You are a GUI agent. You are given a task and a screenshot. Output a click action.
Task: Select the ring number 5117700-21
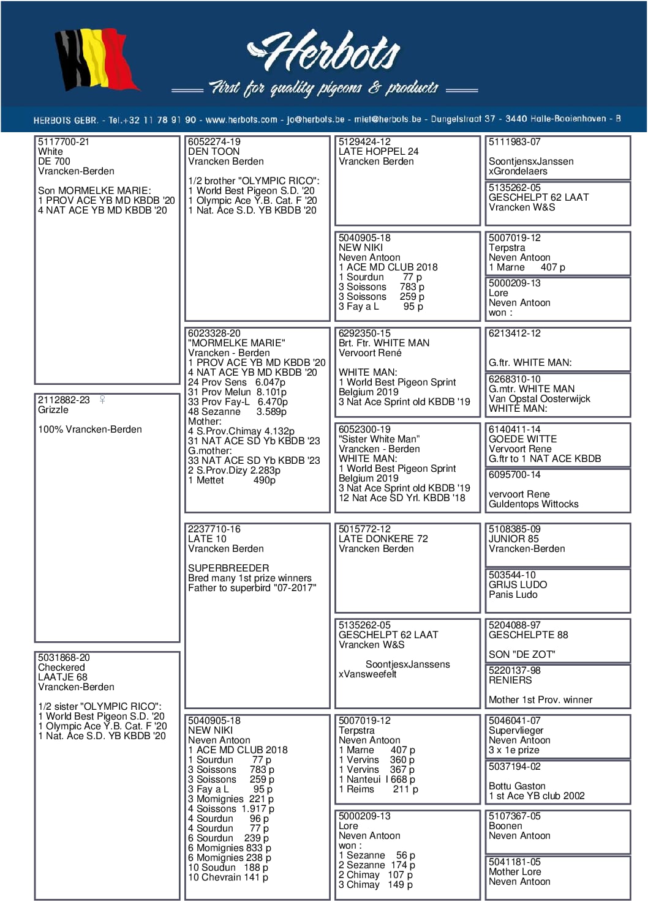pos(64,142)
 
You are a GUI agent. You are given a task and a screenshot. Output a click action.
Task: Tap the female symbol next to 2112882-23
pos(102,400)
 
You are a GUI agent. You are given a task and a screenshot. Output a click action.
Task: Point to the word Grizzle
pos(53,410)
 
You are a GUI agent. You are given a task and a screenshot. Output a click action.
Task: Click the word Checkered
pos(61,668)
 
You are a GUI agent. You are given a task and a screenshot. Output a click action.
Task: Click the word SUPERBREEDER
pos(228,568)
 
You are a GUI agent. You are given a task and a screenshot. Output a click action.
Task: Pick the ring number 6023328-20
pos(214,333)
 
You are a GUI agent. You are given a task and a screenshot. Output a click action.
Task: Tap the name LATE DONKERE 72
pos(383,539)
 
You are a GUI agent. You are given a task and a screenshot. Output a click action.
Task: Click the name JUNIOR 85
pos(514,539)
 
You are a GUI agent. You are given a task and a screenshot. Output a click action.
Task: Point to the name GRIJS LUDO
pos(518,585)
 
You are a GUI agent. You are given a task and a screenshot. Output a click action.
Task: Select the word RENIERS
pos(510,680)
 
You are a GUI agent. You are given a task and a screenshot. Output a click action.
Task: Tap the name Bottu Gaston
pos(517,786)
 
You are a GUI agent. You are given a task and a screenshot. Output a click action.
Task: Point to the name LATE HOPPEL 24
pos(379,152)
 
